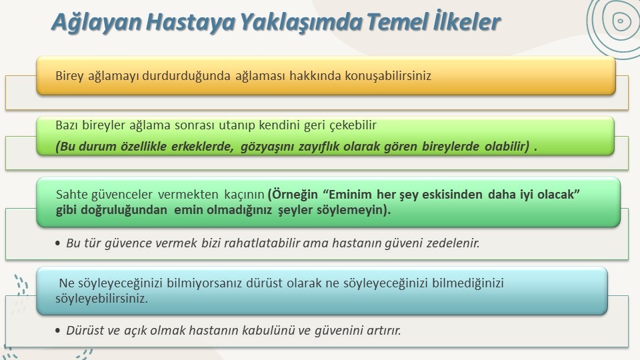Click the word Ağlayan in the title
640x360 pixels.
coord(96,23)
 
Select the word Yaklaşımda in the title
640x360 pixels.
coord(301,23)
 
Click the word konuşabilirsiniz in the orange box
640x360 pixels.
coord(388,76)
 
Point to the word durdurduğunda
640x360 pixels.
coord(186,76)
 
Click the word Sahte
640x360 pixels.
coord(71,195)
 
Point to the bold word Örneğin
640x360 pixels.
coord(294,195)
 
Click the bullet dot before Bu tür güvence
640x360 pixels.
coord(57,244)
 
